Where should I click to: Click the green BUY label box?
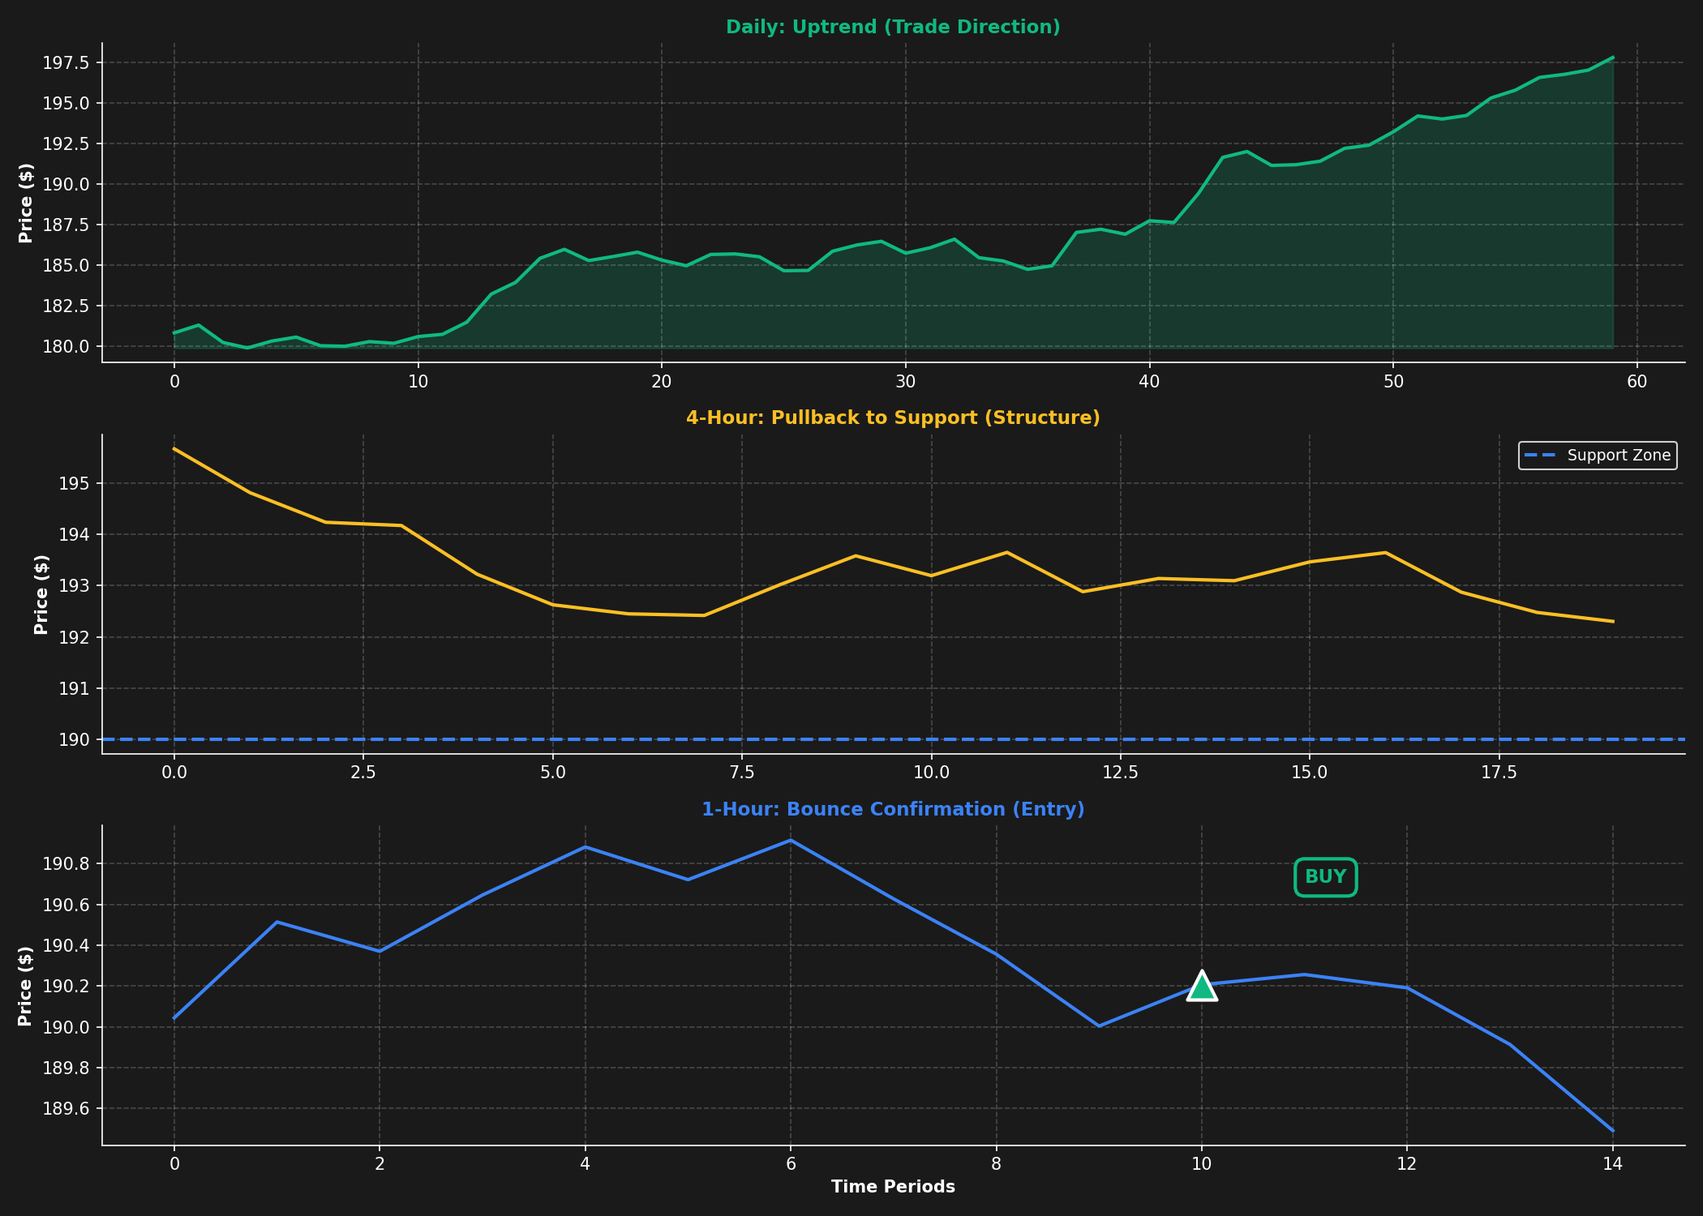tap(1325, 877)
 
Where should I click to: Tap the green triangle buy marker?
tap(1202, 987)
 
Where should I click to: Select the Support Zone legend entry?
tap(1598, 456)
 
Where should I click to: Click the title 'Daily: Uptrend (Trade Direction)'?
tap(893, 28)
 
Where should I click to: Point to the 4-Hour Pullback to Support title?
tap(893, 418)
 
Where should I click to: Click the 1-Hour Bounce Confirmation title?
tap(893, 810)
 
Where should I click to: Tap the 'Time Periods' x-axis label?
tap(893, 1187)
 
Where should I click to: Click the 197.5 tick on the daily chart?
tap(68, 63)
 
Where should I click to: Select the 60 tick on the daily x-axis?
tap(1637, 382)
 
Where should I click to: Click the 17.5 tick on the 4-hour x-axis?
tap(1499, 773)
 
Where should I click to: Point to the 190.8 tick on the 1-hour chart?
tap(68, 864)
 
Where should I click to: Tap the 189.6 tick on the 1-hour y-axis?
tap(68, 1109)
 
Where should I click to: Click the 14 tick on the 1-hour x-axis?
tap(1612, 1165)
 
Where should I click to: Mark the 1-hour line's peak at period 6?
tap(791, 840)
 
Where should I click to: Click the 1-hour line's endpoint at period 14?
tap(1612, 1130)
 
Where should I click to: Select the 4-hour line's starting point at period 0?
tap(174, 448)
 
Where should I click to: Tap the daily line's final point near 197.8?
tap(1612, 58)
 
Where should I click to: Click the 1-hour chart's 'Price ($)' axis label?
tap(25, 986)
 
